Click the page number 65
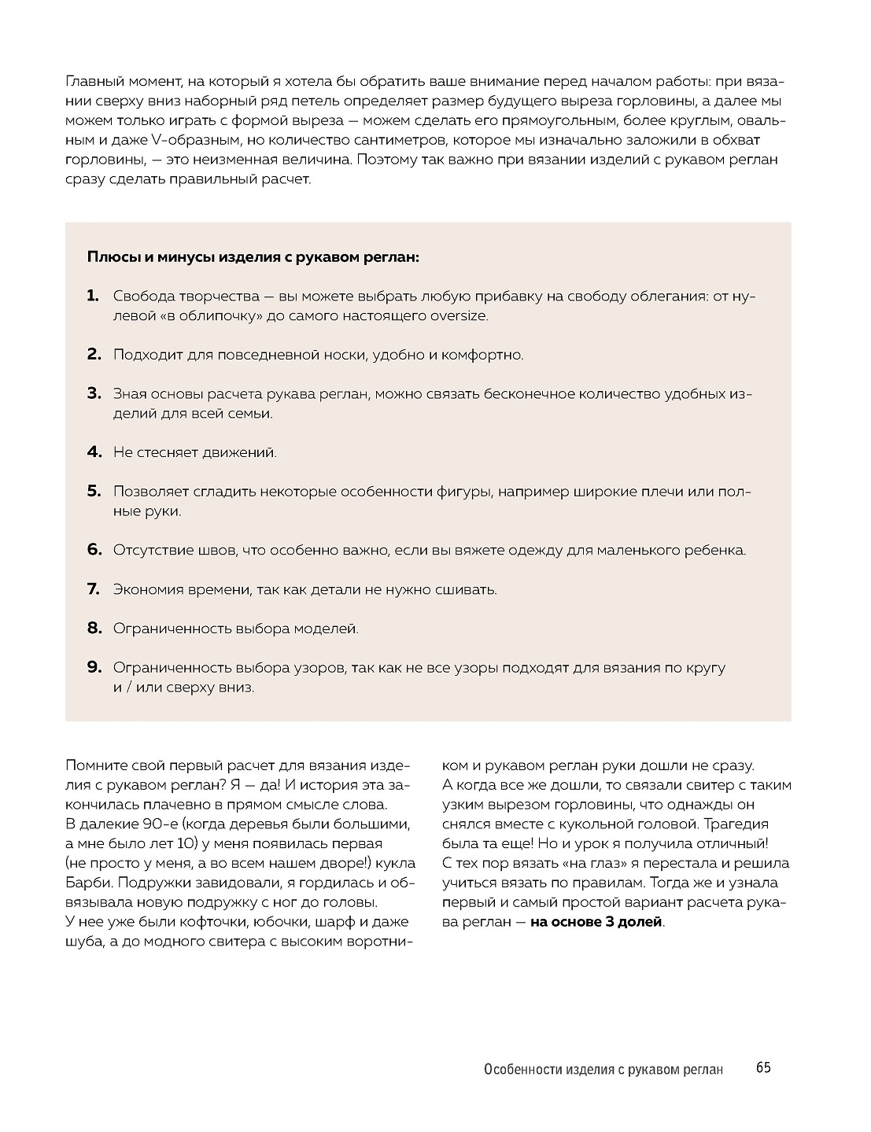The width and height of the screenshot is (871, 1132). point(762,1067)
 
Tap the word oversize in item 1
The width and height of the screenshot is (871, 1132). point(459,315)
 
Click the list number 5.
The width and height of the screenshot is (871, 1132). point(94,491)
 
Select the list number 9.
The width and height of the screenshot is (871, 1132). point(94,667)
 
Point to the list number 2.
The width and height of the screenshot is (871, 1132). point(94,354)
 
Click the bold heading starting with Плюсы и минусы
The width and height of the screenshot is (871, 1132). point(253,257)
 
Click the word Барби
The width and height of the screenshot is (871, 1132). point(88,883)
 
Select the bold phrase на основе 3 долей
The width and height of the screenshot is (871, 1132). point(596,922)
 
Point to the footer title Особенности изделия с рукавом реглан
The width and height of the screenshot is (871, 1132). point(603,1069)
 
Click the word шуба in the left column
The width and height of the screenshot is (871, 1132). point(83,941)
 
